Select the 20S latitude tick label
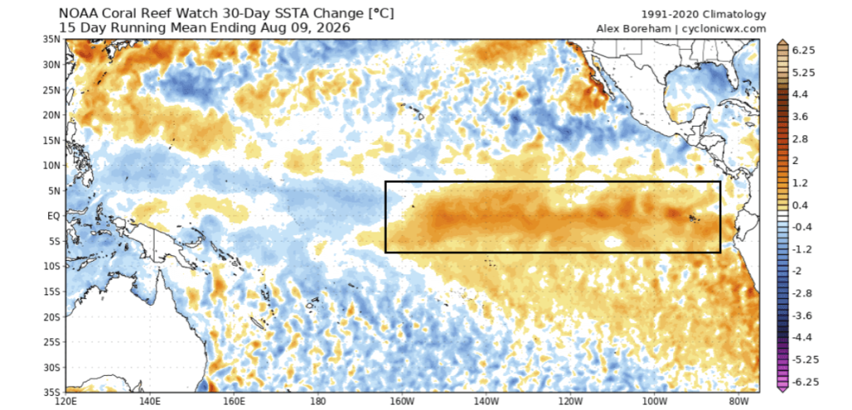click(x=54, y=317)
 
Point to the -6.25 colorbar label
click(x=805, y=381)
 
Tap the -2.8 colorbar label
click(x=803, y=293)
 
